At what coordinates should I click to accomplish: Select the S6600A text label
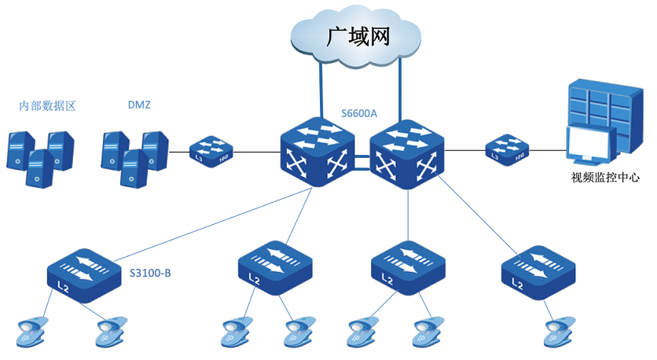coord(360,113)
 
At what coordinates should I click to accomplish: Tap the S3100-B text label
coord(151,273)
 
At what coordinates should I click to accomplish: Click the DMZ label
coord(139,104)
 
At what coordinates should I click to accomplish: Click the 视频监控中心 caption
coord(605,178)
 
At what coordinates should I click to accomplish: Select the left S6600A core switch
coord(316,152)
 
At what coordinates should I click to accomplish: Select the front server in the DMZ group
coord(134,167)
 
